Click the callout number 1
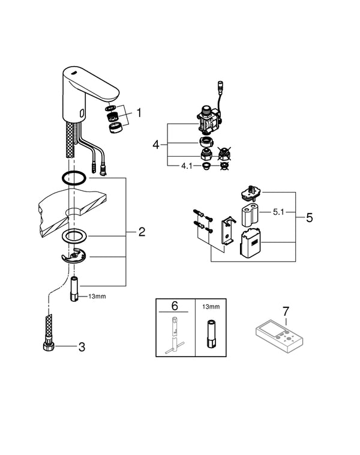pyautogui.click(x=139, y=112)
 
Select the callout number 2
pyautogui.click(x=142, y=232)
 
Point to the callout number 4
pyautogui.click(x=156, y=145)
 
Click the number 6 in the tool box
pyautogui.click(x=175, y=306)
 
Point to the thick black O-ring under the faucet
pyautogui.click(x=74, y=179)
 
